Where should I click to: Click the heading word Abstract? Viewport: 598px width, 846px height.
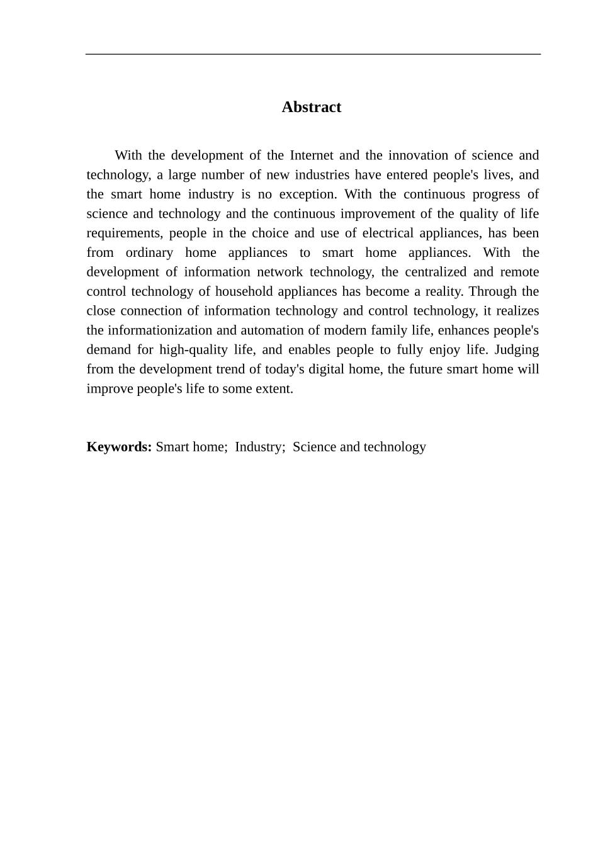click(x=311, y=107)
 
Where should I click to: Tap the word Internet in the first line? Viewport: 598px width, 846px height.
click(x=312, y=155)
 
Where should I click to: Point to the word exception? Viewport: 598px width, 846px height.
click(x=308, y=195)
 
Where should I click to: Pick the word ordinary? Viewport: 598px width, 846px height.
click(x=149, y=253)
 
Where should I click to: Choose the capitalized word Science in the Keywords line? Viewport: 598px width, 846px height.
click(x=314, y=448)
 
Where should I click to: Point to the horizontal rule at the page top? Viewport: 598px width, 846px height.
click(x=313, y=55)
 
